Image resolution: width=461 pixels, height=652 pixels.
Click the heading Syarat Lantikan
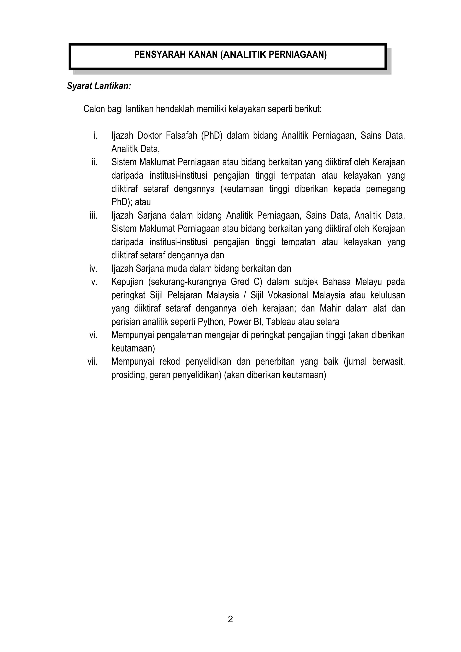[99, 86]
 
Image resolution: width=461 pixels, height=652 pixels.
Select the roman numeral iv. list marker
[93, 268]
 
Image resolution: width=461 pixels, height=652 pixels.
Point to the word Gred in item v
[240, 282]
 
